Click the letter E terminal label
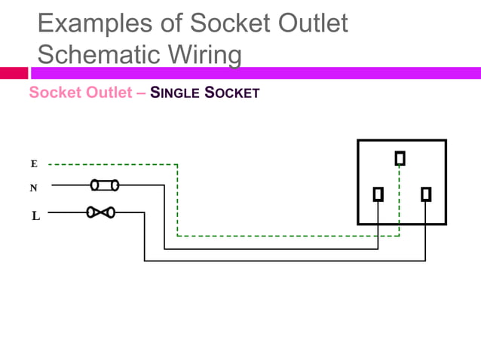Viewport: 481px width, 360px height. coord(33,163)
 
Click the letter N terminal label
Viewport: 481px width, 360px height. coord(33,188)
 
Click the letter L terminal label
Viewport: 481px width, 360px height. coord(35,216)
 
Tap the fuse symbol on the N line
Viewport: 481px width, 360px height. coord(103,185)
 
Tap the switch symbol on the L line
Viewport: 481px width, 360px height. coord(100,212)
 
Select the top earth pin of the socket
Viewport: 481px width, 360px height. coord(400,158)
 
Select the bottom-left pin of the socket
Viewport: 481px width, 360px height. coord(378,194)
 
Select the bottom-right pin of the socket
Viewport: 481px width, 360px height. coord(426,194)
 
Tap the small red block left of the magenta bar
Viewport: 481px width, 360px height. coord(14,73)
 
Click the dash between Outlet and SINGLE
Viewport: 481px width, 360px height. coord(142,93)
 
